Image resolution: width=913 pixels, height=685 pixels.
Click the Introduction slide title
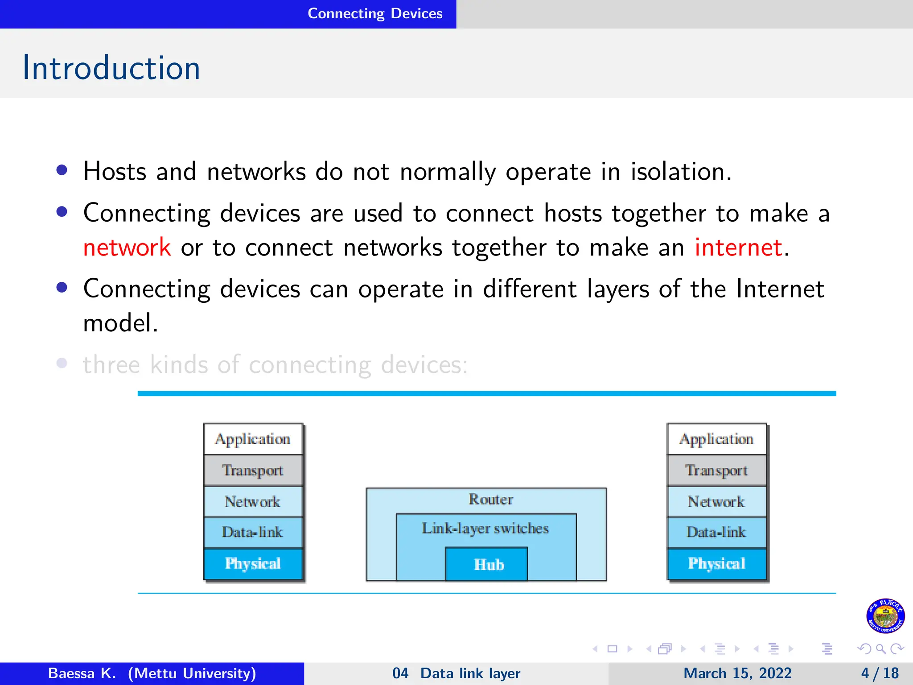(111, 68)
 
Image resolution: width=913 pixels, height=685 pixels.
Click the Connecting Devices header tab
(374, 13)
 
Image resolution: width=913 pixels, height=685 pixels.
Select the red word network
(127, 248)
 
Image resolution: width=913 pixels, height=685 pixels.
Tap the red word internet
(738, 248)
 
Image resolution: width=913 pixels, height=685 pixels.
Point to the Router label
(490, 499)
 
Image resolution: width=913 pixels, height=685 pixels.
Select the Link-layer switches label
(485, 528)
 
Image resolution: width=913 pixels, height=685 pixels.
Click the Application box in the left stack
(253, 439)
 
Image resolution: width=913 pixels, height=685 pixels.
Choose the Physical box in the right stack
(716, 564)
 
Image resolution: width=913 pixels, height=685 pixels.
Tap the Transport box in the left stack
(253, 470)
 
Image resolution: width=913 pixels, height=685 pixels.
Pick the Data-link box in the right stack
(716, 532)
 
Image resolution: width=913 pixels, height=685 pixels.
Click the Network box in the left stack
(253, 502)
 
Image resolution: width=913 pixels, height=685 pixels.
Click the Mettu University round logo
(885, 616)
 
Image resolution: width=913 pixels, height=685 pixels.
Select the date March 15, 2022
(737, 673)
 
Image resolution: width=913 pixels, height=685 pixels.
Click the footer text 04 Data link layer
(456, 673)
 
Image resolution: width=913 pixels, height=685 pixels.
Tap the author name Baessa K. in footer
(82, 673)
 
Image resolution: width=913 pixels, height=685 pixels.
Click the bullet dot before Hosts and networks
(62, 170)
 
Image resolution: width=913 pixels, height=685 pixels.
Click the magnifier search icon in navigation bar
(880, 649)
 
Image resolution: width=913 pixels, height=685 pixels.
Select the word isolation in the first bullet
(680, 172)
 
